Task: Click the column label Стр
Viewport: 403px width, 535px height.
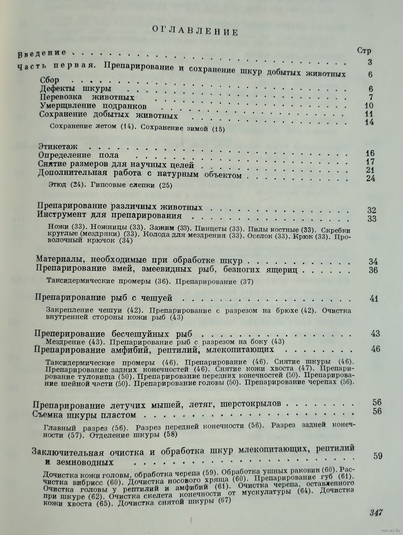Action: click(x=364, y=51)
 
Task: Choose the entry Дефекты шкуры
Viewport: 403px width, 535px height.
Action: click(x=76, y=88)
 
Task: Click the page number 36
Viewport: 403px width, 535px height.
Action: click(x=373, y=270)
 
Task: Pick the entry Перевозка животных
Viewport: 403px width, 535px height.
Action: click(x=87, y=97)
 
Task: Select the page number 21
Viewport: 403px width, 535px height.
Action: click(x=370, y=169)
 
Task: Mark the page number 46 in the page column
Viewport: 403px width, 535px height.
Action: click(x=376, y=349)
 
